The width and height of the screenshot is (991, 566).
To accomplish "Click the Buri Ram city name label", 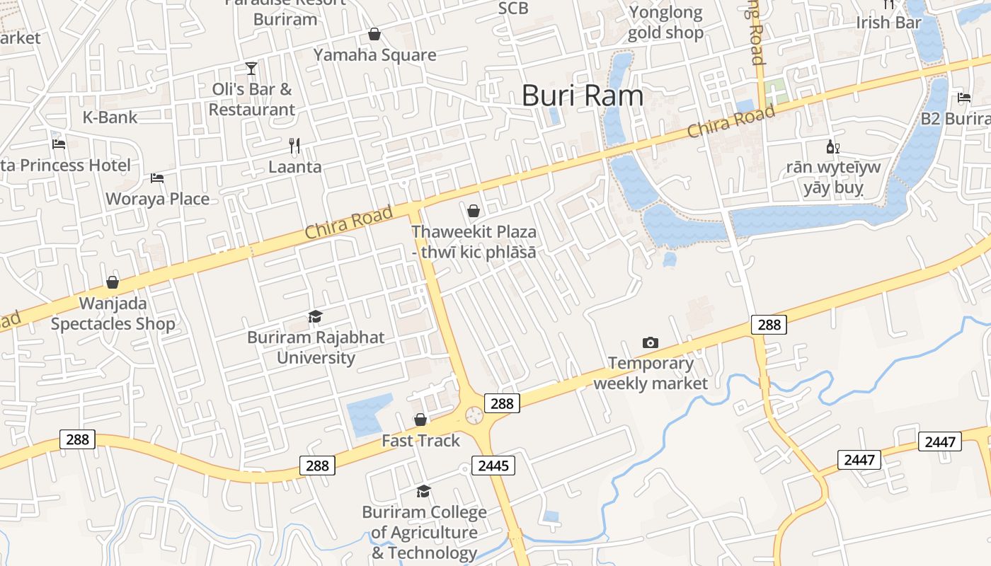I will click(x=583, y=96).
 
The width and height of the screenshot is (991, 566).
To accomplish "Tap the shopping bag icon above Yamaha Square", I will click(x=374, y=34).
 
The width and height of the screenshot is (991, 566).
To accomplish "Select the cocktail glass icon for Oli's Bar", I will click(x=251, y=68).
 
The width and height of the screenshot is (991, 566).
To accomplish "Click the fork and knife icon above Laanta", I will click(x=294, y=146).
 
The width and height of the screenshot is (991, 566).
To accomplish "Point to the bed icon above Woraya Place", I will click(x=157, y=178).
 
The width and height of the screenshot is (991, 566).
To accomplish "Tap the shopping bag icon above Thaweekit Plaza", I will click(x=474, y=211).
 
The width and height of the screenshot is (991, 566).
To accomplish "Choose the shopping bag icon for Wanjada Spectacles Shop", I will click(x=113, y=282).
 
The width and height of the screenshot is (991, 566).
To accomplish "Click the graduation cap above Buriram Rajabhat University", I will click(x=315, y=316).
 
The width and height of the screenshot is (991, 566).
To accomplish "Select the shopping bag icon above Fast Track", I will click(x=420, y=420).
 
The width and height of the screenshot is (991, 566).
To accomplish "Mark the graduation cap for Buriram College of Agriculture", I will click(x=423, y=491).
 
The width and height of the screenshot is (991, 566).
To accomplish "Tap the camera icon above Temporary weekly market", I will click(x=650, y=342).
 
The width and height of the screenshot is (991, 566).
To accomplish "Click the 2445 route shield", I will click(x=493, y=466).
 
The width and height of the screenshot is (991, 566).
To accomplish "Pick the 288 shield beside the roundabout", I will click(x=502, y=403).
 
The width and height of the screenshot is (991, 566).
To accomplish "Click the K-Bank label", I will click(x=110, y=117).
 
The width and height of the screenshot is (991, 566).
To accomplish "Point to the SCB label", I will click(x=513, y=8).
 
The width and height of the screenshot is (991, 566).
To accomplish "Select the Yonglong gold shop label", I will click(x=665, y=23).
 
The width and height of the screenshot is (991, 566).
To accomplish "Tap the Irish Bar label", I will click(x=889, y=23).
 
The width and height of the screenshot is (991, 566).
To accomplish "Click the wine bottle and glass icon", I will click(x=832, y=147).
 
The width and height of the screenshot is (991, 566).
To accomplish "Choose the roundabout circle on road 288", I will click(x=474, y=415).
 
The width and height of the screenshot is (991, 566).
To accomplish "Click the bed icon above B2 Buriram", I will click(x=964, y=98).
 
